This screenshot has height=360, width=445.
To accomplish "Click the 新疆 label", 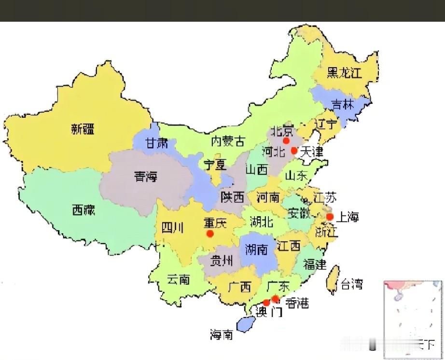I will click(x=83, y=129).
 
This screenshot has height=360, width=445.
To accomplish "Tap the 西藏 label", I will click(x=83, y=210).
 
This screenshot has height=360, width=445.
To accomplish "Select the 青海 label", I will click(x=146, y=177).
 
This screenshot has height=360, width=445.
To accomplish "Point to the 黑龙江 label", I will click(x=344, y=73).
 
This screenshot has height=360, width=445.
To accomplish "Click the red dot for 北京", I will click(x=286, y=140).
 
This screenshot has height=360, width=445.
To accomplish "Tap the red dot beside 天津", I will click(x=294, y=151).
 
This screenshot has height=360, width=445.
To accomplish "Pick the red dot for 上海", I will click(x=330, y=217).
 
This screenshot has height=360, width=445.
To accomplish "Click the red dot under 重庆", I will click(x=210, y=234).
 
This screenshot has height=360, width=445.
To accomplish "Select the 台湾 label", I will click(x=351, y=284).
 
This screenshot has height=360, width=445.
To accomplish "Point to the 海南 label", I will click(x=222, y=334).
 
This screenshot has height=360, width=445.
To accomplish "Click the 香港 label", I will click(x=297, y=303).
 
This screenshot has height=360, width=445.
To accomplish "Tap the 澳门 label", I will click(x=269, y=312).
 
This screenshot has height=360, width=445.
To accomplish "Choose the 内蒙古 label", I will click(x=228, y=141).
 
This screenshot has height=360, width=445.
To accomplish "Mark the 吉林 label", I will click(x=343, y=105).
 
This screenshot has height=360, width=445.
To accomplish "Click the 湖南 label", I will click(x=256, y=249).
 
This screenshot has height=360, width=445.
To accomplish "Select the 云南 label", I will click(x=178, y=279).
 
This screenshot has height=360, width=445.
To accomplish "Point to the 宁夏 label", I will click(x=214, y=165).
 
